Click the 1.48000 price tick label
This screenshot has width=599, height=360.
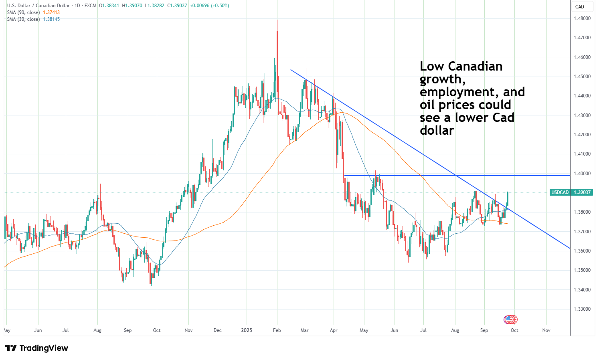(x=582, y=18)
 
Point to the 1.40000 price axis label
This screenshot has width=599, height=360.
(x=582, y=174)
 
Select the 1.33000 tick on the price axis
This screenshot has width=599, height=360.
(x=582, y=309)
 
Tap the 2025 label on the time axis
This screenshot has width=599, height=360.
(x=247, y=330)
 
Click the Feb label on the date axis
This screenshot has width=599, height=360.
(x=277, y=330)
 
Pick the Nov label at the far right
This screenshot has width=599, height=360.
(x=546, y=330)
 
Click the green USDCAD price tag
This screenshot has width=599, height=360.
(x=571, y=192)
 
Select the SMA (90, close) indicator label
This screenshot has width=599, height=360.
(x=24, y=12)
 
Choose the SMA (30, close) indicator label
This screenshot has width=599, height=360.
(x=24, y=19)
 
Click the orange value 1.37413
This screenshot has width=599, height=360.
(x=51, y=12)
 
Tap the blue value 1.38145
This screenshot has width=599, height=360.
(x=51, y=19)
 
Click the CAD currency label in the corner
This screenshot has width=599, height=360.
(x=580, y=7)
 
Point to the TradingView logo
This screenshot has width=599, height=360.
(x=37, y=348)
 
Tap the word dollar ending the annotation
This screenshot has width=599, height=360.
(x=437, y=130)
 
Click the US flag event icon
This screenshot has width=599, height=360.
(x=509, y=320)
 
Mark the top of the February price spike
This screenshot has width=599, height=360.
(x=277, y=20)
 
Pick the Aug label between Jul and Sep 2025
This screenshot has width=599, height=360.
(x=455, y=330)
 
